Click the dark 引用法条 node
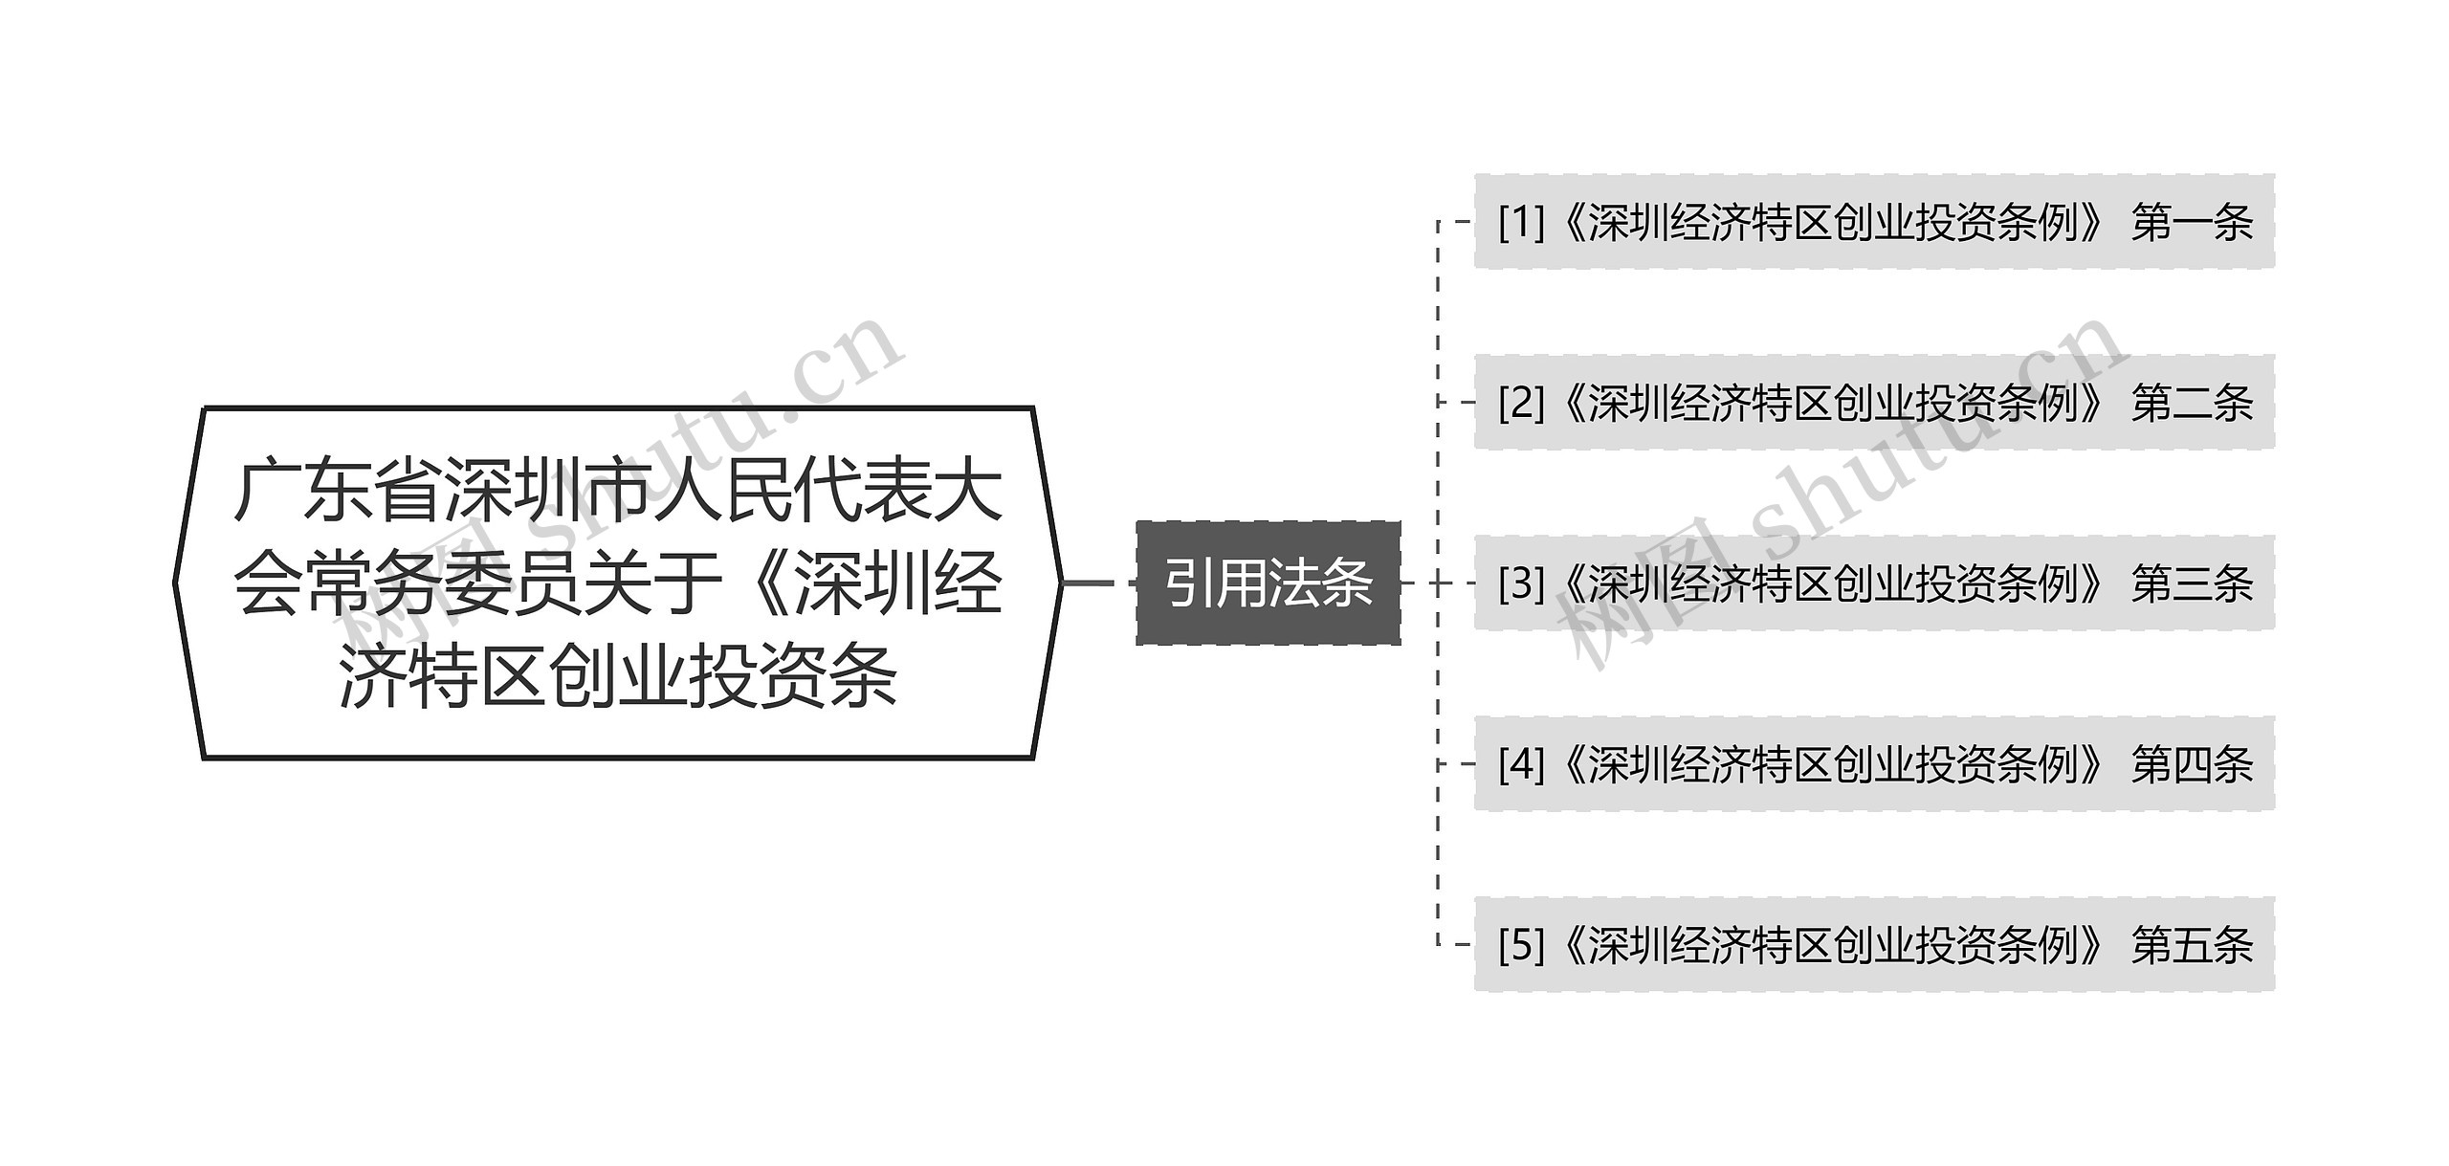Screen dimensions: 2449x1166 pos(1268,583)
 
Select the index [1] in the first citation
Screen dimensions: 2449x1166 pos(1521,223)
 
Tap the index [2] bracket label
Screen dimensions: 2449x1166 pos(1521,404)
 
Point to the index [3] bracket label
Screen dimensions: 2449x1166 pos(1521,583)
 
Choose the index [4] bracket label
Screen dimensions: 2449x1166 pos(1521,764)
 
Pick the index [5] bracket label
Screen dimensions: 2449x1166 pos(1521,945)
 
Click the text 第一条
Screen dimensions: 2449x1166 pos(2192,223)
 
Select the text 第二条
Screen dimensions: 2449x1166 pos(2192,404)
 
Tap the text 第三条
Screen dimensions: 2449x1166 pos(2192,583)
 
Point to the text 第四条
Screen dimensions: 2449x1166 pos(2192,764)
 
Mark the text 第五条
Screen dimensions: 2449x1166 pos(2192,945)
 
